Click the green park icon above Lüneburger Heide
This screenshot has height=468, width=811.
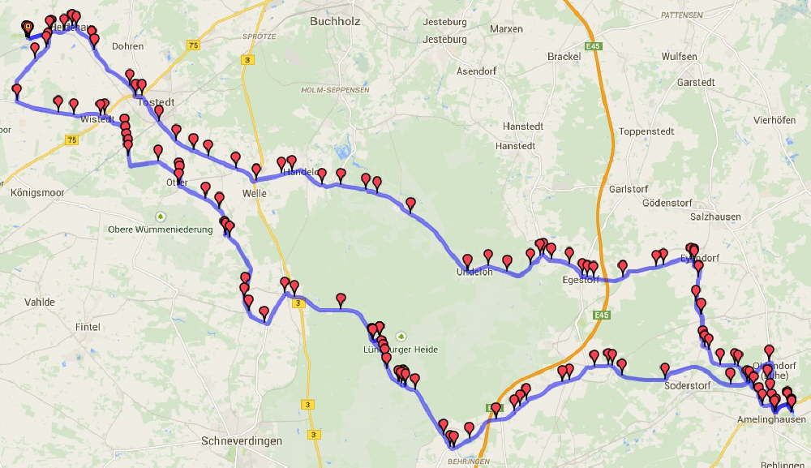click(x=399, y=336)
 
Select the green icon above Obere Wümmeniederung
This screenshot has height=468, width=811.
click(x=161, y=217)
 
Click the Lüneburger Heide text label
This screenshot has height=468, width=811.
click(x=401, y=350)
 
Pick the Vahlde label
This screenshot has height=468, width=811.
click(x=40, y=302)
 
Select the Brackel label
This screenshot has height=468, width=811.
click(x=564, y=57)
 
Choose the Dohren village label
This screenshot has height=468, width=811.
click(x=127, y=46)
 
